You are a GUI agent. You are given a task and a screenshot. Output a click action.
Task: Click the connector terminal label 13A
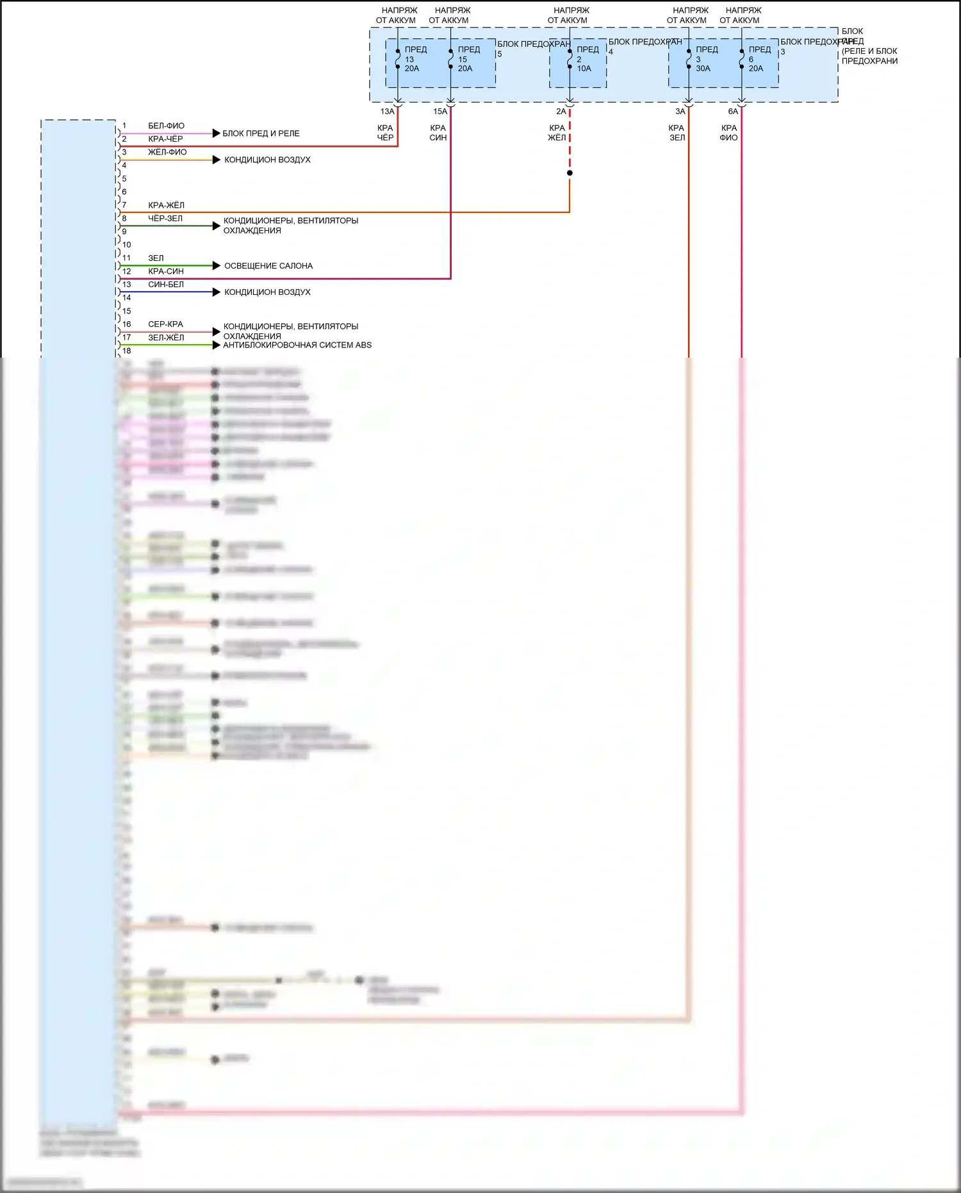[387, 112]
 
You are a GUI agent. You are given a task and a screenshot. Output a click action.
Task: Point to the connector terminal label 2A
[561, 112]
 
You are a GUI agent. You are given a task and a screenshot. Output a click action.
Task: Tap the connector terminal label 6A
[733, 112]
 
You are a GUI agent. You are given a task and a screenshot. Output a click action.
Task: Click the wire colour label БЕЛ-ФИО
[166, 126]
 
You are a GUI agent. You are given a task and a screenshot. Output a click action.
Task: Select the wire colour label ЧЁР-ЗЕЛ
[165, 219]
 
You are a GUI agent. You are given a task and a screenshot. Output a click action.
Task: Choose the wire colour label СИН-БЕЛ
[166, 285]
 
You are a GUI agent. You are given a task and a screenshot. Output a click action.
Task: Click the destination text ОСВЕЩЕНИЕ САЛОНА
[268, 266]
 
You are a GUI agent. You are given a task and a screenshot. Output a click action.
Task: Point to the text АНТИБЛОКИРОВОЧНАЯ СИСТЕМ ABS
[297, 345]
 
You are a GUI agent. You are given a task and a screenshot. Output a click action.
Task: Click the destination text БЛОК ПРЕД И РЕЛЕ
[261, 133]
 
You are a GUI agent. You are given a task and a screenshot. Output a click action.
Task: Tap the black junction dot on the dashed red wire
[570, 173]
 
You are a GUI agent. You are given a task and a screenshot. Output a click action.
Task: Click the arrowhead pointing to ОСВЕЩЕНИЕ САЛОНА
[216, 265]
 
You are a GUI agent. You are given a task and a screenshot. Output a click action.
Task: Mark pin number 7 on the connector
[124, 205]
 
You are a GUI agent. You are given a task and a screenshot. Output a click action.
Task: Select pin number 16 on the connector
[127, 324]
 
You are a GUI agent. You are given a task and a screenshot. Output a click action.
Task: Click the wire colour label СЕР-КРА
[165, 324]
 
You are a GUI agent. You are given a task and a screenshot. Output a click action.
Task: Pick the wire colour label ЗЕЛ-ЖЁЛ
[166, 338]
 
